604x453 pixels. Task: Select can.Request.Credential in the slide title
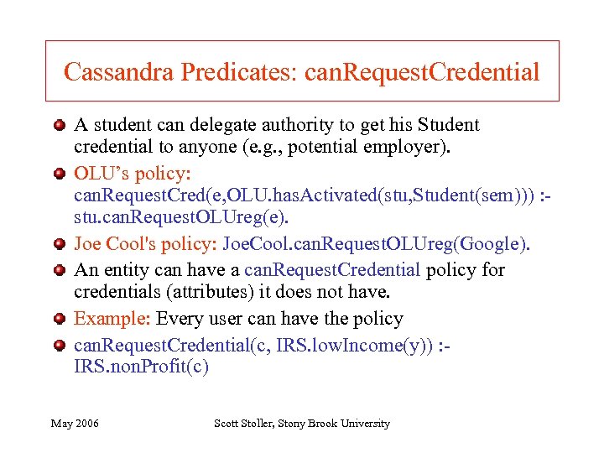point(421,72)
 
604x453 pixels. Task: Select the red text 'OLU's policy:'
point(133,174)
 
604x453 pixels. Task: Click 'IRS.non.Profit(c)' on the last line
point(141,367)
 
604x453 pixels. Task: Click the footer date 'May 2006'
point(75,424)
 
